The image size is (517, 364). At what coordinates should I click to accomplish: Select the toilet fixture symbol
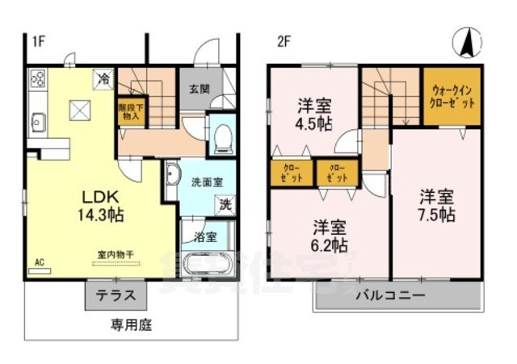(221, 139)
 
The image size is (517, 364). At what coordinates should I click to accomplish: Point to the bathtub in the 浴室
(208, 265)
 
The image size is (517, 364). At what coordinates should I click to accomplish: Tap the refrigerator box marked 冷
(104, 79)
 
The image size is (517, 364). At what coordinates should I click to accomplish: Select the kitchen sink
(37, 121)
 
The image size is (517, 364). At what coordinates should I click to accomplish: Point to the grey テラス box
(116, 296)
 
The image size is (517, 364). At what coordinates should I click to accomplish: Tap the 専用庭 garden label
(131, 326)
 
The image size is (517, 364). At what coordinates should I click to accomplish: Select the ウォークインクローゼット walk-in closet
(452, 97)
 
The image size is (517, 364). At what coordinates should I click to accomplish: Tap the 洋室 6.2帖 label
(329, 234)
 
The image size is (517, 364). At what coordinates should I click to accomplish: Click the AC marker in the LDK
(39, 261)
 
